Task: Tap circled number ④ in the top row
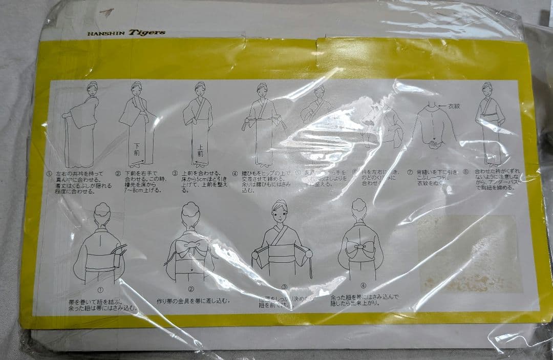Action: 235,173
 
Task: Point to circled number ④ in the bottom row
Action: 363,286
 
